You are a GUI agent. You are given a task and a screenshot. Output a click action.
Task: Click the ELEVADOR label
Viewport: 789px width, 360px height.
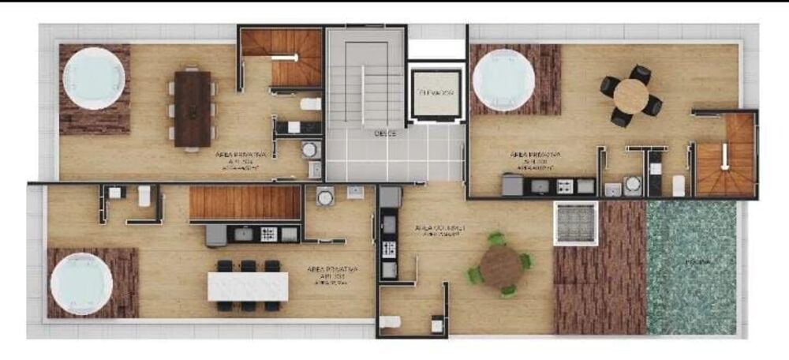click(436, 93)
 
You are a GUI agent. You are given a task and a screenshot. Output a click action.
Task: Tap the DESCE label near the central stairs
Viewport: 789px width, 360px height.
click(384, 133)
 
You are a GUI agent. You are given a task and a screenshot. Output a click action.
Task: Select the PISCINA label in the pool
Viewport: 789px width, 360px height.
click(695, 261)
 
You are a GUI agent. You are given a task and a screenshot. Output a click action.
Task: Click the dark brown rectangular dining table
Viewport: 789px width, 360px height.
click(193, 108)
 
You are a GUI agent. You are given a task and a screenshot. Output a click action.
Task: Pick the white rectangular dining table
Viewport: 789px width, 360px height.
click(247, 286)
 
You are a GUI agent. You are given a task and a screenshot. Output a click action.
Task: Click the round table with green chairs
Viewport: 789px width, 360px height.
click(500, 266)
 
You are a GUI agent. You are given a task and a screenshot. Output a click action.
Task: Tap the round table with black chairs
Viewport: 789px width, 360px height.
click(630, 96)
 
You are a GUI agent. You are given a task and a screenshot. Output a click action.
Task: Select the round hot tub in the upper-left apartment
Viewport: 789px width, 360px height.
click(94, 78)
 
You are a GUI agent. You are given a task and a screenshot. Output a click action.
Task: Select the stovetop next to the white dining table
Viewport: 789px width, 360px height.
click(268, 234)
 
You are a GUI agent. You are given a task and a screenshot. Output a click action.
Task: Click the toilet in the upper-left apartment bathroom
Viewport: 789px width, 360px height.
click(311, 103)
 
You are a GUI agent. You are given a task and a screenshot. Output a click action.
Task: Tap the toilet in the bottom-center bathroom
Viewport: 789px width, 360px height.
click(389, 322)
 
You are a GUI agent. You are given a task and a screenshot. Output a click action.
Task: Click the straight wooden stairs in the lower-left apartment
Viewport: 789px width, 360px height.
click(245, 202)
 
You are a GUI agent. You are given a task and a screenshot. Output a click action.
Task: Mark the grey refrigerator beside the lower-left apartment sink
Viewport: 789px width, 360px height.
click(215, 234)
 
